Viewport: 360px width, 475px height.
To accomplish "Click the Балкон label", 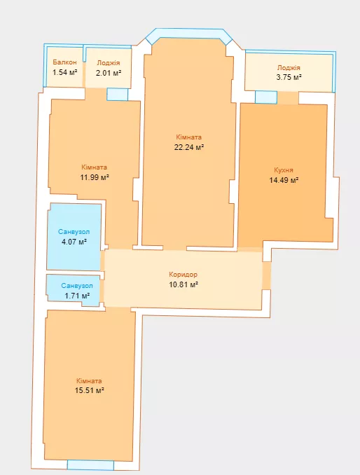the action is click(x=64, y=62).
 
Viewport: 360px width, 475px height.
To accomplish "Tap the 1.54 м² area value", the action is click(x=65, y=72).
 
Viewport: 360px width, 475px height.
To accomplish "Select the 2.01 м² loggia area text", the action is click(x=109, y=73).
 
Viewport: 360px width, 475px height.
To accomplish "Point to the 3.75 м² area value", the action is click(x=289, y=77).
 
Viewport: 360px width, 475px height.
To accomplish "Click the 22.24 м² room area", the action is click(x=188, y=148).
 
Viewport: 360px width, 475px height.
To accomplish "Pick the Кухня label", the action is click(x=284, y=170).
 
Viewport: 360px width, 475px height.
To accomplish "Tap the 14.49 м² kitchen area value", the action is click(x=284, y=180).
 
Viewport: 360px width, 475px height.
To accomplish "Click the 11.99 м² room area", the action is click(x=95, y=177).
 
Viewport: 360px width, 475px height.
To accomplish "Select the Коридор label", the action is click(x=184, y=275).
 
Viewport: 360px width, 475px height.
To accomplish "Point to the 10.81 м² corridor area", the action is click(x=184, y=284).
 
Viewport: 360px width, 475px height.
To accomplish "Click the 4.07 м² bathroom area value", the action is click(x=74, y=242).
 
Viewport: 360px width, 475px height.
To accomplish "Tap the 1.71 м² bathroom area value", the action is click(x=77, y=296).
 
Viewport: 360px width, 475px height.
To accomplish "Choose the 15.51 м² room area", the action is click(x=90, y=390).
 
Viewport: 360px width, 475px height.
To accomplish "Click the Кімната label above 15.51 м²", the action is click(x=89, y=381).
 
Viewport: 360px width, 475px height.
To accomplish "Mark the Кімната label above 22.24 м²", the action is click(x=188, y=137).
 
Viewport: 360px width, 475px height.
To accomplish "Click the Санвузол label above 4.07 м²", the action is click(x=74, y=232).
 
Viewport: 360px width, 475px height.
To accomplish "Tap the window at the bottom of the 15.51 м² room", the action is click(x=90, y=465).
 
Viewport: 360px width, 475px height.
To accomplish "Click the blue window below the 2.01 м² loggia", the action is click(x=117, y=94).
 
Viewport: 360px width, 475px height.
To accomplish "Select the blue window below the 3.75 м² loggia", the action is click(x=266, y=97).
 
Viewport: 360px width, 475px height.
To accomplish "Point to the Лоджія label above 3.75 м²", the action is click(x=289, y=67).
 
